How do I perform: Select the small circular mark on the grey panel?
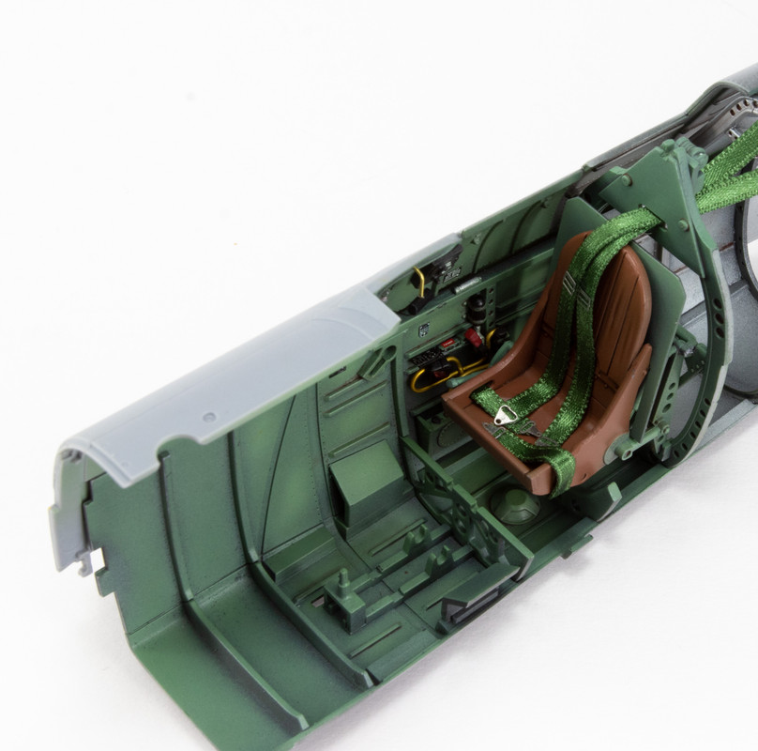coord(209,416)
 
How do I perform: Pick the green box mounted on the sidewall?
coord(368,479)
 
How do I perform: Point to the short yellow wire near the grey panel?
coord(418,279)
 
